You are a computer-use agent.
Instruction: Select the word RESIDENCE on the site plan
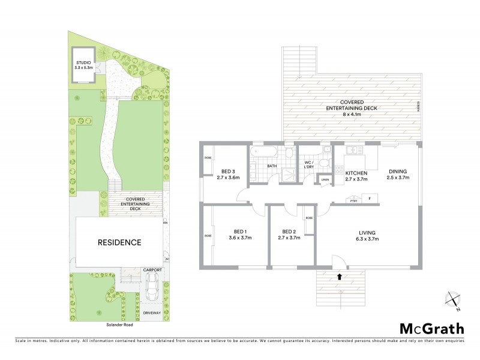pos(119,243)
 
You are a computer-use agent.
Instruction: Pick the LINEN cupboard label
pos(325,179)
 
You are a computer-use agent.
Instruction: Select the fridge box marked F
pos(369,198)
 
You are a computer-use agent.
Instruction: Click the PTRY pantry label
pos(353,201)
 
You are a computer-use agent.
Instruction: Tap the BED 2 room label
pos(290,232)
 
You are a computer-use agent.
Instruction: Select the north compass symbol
pos(452,300)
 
